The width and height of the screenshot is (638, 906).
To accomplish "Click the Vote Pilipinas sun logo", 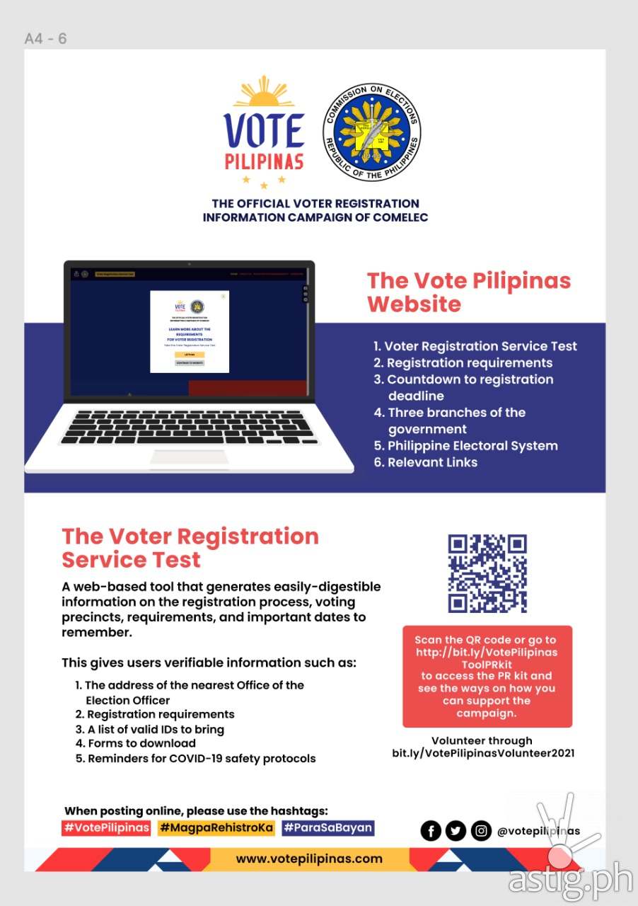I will (264, 131).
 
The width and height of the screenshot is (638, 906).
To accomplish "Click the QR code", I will (487, 573).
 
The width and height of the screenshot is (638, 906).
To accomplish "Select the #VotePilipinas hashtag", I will (106, 827).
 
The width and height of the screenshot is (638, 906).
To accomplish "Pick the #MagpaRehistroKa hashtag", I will (216, 827).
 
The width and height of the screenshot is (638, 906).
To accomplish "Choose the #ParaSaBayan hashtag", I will (327, 827).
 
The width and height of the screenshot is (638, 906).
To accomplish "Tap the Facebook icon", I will (431, 831).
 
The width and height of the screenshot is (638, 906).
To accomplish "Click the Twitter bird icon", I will (456, 831).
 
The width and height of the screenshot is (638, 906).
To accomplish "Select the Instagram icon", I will (481, 831).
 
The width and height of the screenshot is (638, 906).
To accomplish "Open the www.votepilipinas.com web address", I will (308, 859).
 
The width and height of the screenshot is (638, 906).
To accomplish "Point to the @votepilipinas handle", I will (538, 831).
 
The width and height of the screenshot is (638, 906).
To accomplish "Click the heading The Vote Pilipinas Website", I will (468, 292).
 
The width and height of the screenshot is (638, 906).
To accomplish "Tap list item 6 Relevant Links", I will (426, 462).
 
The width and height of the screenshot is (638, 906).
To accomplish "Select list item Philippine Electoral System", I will (466, 446).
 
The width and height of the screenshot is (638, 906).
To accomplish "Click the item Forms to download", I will (136, 743).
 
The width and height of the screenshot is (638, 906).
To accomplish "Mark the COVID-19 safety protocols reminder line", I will (196, 758).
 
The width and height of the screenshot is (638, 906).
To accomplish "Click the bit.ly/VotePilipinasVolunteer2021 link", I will (483, 753).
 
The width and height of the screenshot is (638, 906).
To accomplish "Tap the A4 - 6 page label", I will (46, 38).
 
